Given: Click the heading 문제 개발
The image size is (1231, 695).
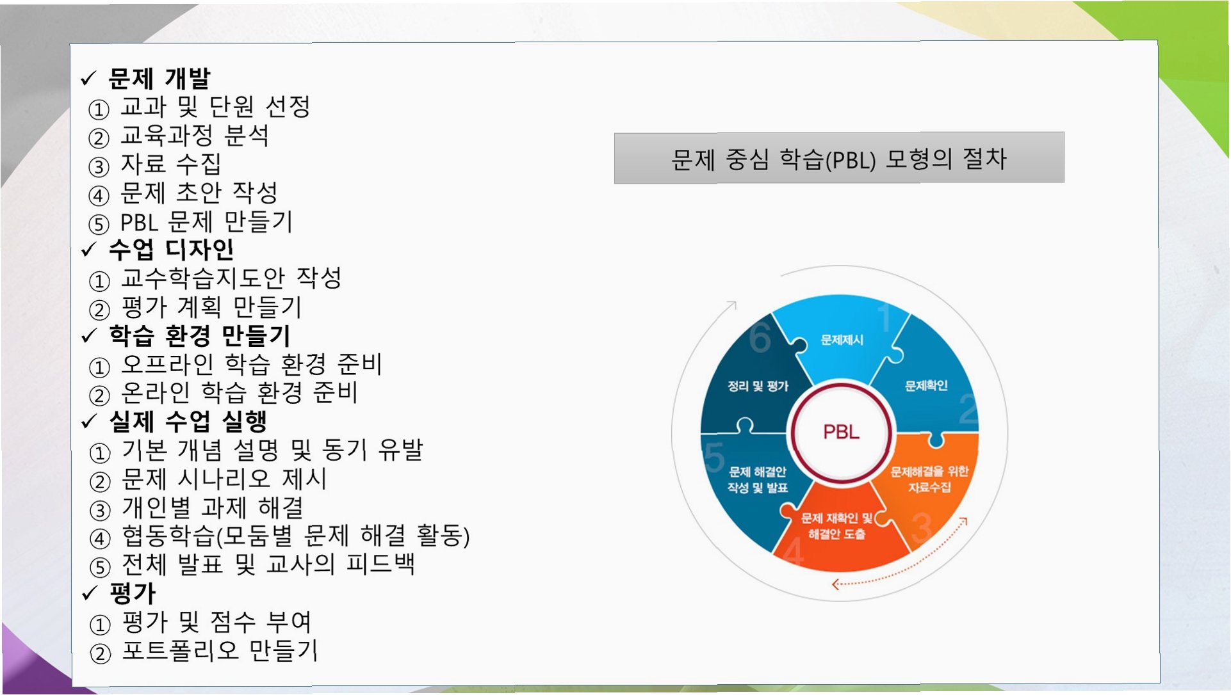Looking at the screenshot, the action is tap(159, 78).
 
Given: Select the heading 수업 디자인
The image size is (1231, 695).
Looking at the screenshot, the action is tap(171, 249).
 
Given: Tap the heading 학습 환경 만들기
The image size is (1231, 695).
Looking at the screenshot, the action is tap(199, 335).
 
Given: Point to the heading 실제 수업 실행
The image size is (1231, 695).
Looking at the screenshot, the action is tap(188, 420).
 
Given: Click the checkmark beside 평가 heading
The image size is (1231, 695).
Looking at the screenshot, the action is tap(89, 593).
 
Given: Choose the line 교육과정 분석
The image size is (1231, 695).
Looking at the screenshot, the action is tap(195, 136).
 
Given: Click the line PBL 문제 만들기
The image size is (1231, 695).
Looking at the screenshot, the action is tap(206, 222).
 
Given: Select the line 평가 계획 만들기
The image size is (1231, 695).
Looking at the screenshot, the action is tap(211, 307).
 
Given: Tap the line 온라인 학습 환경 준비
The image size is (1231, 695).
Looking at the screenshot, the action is tap(239, 393).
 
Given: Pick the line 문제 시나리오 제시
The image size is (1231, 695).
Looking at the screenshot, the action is tap(224, 479).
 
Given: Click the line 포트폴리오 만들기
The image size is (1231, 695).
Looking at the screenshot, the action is tap(220, 651).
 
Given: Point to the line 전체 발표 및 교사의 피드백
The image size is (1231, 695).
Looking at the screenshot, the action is tap(268, 564).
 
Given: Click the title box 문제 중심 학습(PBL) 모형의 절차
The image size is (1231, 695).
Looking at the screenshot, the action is tap(838, 158).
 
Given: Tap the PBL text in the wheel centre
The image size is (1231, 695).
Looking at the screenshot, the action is tap(840, 432).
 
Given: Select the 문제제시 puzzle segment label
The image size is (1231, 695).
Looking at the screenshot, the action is tap(842, 340).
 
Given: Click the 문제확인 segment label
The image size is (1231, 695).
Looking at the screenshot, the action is tap(925, 385).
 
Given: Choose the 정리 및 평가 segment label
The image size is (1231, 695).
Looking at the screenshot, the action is tap(758, 386).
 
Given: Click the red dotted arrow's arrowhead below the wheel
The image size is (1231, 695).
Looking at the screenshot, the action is tap(835, 584).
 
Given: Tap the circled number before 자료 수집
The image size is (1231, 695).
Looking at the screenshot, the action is tap(99, 167).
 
